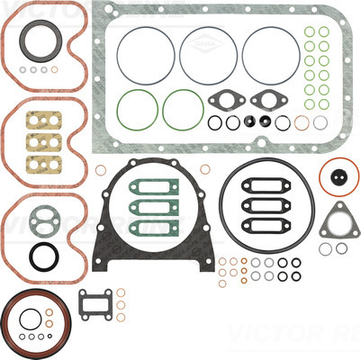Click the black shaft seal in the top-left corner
(38, 46)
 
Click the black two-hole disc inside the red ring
(338, 177)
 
